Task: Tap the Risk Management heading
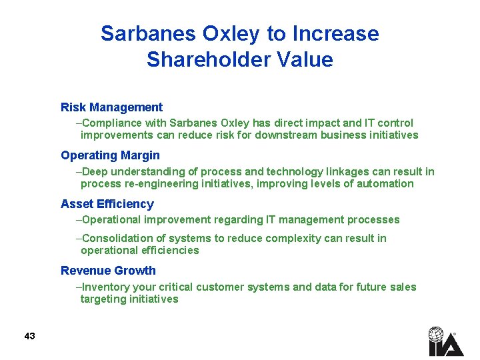111,107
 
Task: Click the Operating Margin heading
110,155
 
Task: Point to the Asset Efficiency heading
107,204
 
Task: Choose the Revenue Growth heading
108,271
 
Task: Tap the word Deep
95,171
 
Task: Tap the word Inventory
105,287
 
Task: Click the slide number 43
29,336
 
